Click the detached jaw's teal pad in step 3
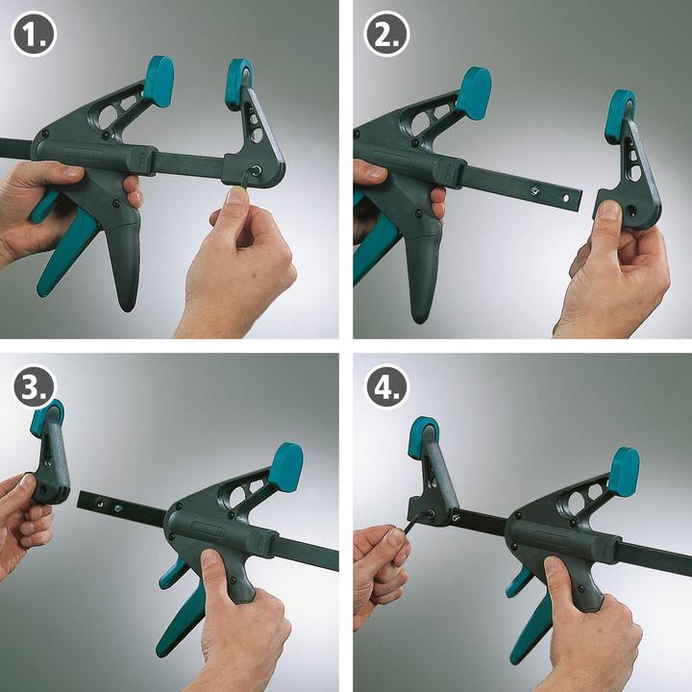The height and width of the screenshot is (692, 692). (x=47, y=415)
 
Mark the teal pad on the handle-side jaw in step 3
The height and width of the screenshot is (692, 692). (x=285, y=466)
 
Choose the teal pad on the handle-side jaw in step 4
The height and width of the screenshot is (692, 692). (x=624, y=471)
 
